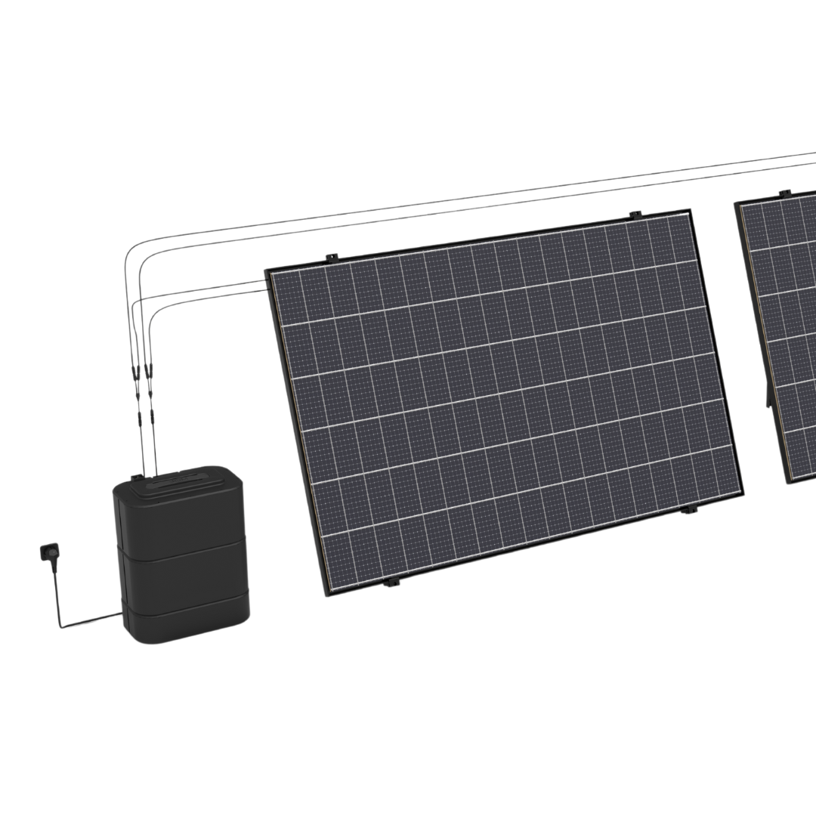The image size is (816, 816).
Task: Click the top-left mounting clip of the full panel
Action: click(330, 258)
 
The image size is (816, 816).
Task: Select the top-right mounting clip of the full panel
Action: click(635, 215)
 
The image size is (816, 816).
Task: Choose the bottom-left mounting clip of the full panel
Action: click(390, 583)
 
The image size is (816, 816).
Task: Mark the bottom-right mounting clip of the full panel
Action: click(687, 512)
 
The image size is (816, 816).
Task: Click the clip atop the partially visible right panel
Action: click(784, 193)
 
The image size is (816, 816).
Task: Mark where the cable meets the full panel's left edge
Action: click(268, 281)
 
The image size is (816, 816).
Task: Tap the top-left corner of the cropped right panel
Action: click(737, 204)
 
